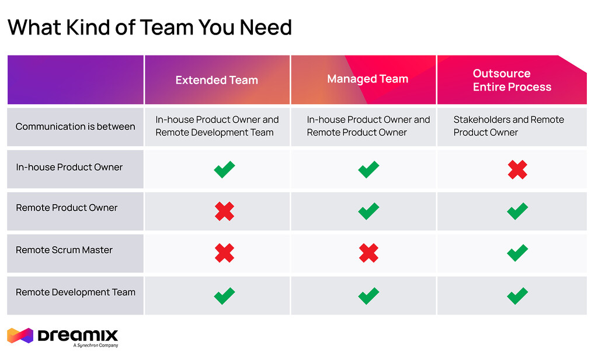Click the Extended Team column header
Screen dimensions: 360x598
point(217,80)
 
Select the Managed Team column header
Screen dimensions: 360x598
point(367,79)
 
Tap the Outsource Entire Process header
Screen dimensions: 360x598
point(512,80)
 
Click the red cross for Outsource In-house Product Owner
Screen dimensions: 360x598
point(517,169)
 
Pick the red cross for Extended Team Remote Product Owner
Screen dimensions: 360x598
point(224,211)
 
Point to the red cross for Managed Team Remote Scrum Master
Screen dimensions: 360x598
point(368,253)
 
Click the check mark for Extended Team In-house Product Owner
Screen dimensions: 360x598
point(224,169)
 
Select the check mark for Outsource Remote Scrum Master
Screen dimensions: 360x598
point(517,252)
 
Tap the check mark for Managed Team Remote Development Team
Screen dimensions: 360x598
point(368,295)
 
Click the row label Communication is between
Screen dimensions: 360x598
point(75,126)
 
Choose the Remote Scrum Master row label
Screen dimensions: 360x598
point(64,250)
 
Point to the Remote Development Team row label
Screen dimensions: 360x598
point(75,292)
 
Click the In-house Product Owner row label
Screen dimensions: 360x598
point(69,167)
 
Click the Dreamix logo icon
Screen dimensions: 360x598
point(20,336)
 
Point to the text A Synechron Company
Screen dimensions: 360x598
point(96,345)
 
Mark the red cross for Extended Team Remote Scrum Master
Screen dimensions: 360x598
point(224,253)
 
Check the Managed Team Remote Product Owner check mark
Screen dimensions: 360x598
point(368,211)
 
